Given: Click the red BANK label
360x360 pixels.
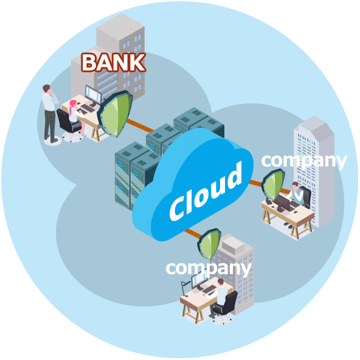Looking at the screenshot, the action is pyautogui.click(x=114, y=62).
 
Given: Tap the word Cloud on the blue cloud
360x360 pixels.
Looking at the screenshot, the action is pyautogui.click(x=206, y=191).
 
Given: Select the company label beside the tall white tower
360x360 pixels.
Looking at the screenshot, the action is pyautogui.click(x=304, y=161).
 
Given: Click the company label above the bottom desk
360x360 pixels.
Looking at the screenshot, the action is pyautogui.click(x=209, y=268).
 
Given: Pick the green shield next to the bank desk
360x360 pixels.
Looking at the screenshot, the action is pyautogui.click(x=115, y=114).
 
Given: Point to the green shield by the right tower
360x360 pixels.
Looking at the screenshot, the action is pyautogui.click(x=273, y=184).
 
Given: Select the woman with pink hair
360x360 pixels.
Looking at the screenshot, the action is pyautogui.click(x=76, y=117).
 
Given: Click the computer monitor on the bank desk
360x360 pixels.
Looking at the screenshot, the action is pyautogui.click(x=93, y=95).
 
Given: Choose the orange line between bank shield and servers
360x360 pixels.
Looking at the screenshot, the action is pyautogui.click(x=140, y=125).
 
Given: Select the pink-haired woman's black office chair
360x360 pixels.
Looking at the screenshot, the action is pyautogui.click(x=69, y=125).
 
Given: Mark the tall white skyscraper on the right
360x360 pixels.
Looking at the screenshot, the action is pyautogui.click(x=314, y=171).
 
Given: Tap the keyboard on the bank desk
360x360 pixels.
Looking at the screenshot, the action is pyautogui.click(x=88, y=108).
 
